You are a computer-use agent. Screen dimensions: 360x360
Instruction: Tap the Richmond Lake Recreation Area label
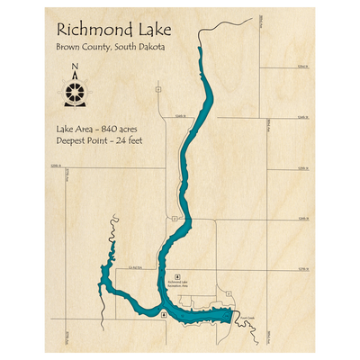coord(177,283)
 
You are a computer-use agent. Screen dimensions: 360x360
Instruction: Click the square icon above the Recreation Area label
coord(177,275)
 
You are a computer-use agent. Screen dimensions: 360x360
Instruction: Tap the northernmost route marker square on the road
coord(158,90)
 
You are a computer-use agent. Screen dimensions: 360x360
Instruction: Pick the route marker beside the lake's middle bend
coord(174,219)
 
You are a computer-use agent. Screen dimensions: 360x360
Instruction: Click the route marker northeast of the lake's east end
coord(229,293)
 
